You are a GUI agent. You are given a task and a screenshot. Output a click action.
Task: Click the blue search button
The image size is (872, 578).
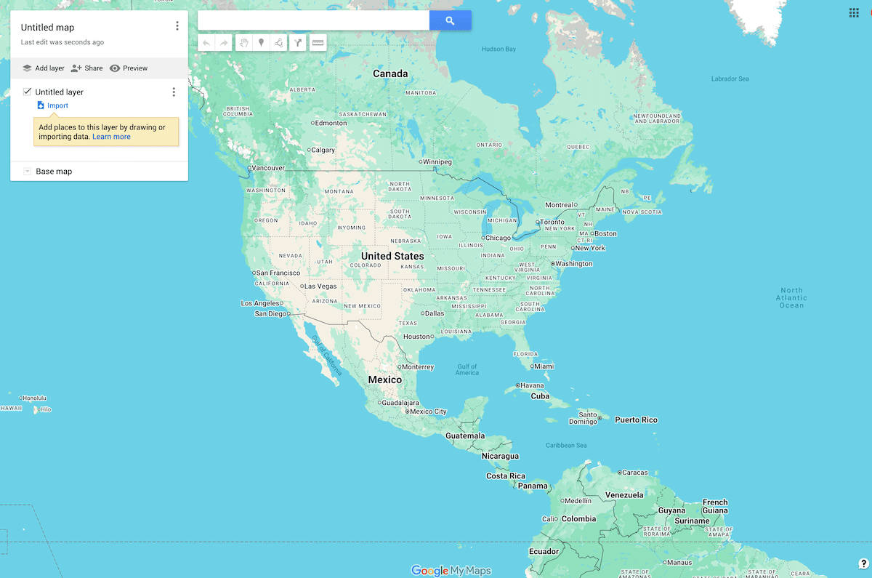[450, 21]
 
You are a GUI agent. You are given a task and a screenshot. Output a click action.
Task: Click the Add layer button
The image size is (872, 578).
[44, 68]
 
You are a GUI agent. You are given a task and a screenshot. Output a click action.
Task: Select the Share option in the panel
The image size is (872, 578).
[86, 68]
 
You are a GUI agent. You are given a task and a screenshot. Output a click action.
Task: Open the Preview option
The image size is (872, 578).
[129, 68]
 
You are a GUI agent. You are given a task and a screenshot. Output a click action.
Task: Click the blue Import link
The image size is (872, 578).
[57, 105]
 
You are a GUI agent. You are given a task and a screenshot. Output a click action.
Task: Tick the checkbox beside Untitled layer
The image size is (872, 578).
[28, 92]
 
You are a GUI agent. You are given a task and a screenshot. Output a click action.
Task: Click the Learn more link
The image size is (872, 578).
[111, 137]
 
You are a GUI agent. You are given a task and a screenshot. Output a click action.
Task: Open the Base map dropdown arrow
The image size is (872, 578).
[27, 172]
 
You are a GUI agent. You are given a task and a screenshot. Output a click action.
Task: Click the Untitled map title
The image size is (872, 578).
[47, 28]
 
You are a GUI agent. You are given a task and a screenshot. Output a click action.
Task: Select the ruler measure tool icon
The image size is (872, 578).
[318, 43]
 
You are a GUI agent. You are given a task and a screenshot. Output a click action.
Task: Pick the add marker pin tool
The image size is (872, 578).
[262, 43]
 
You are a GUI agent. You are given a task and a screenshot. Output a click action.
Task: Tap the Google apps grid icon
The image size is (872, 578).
[854, 12]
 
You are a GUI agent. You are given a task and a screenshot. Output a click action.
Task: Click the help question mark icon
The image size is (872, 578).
[863, 564]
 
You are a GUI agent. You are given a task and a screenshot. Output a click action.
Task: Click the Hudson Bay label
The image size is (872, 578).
[498, 49]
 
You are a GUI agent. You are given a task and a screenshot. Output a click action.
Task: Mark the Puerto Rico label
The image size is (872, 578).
[636, 420]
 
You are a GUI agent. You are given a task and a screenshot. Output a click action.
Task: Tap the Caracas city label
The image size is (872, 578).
[634, 473]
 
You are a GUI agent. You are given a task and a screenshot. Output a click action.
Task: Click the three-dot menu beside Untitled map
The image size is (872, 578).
[177, 26]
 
